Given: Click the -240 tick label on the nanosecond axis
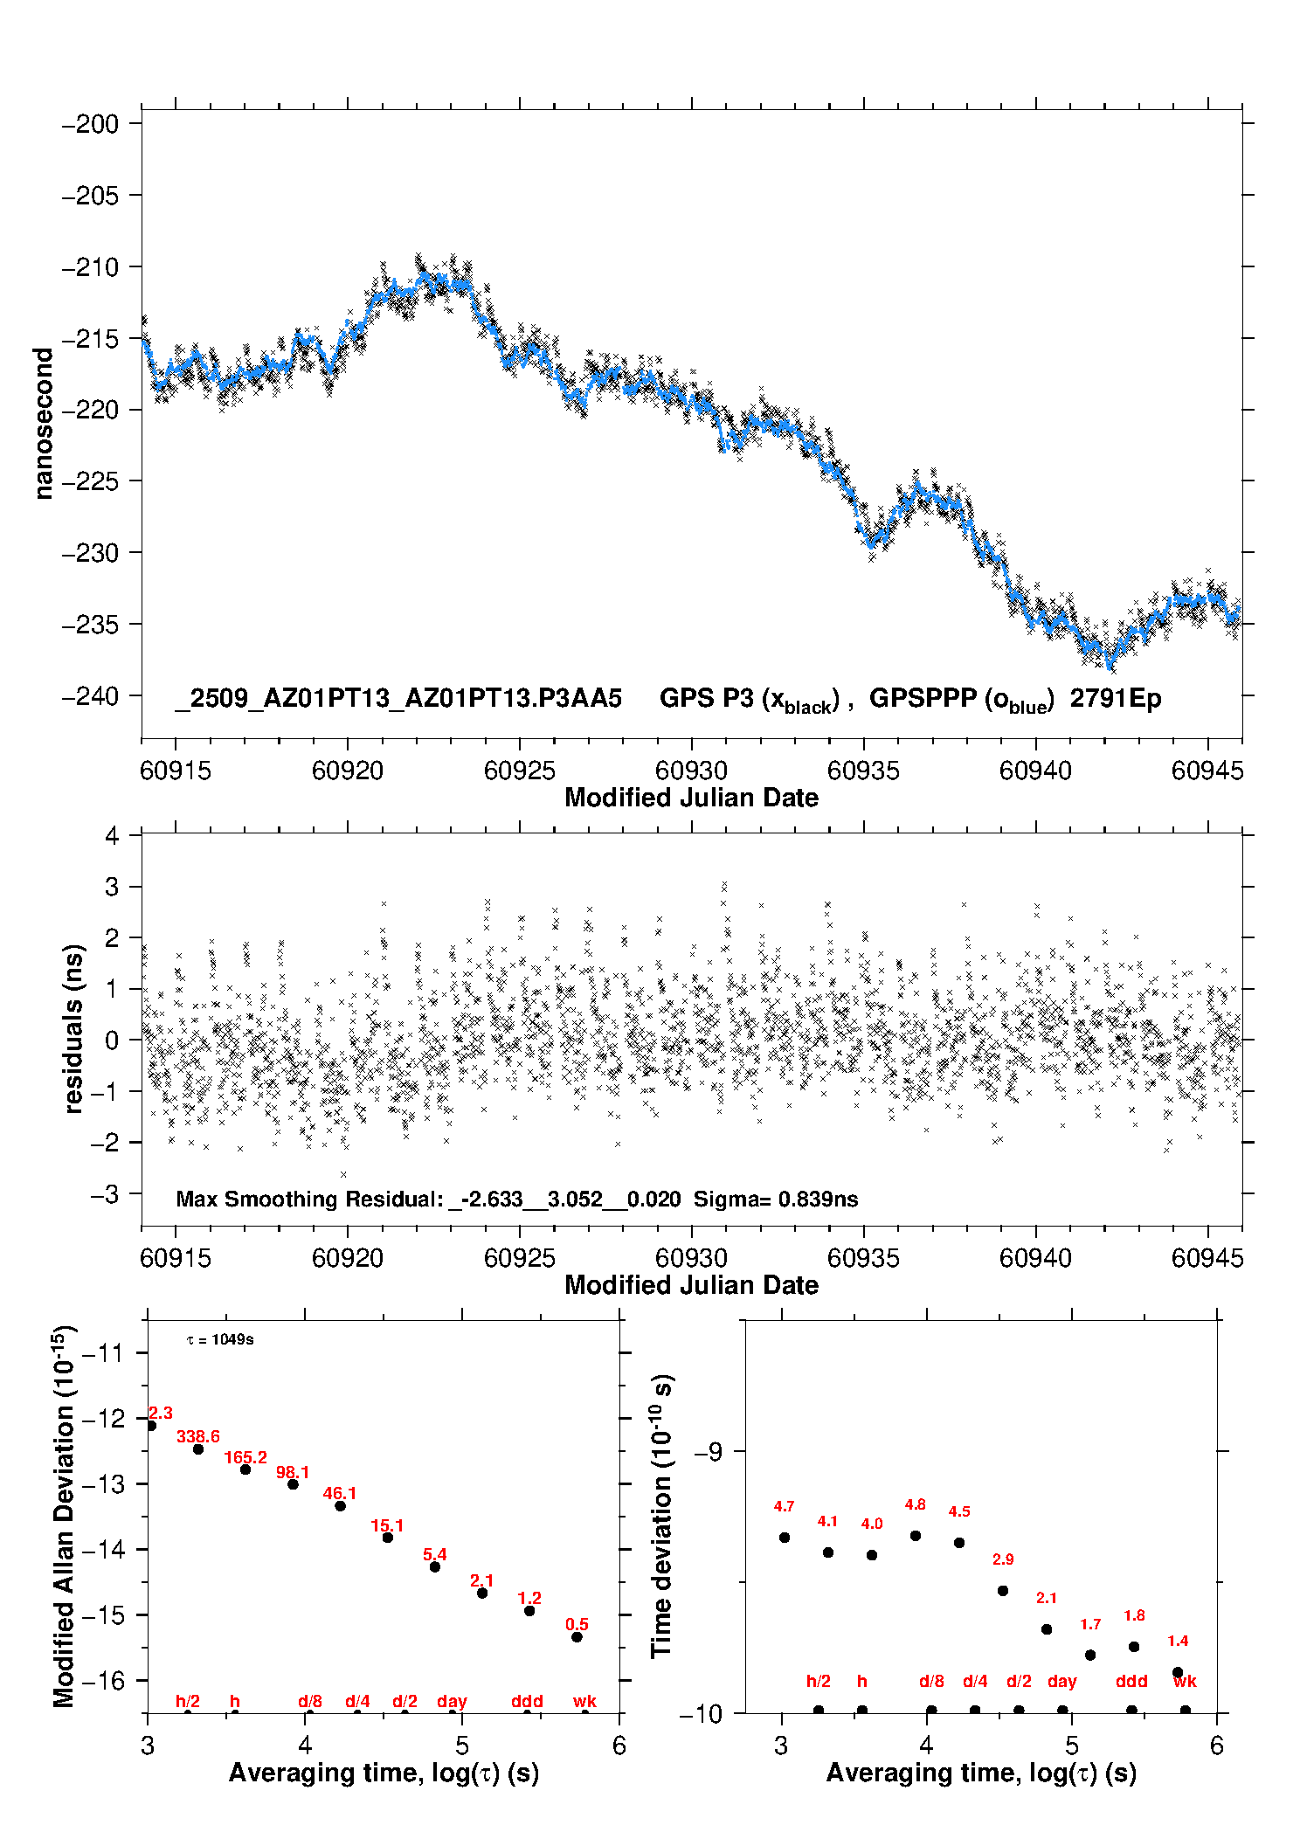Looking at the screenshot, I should [x=89, y=696].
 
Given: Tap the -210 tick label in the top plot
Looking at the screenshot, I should [x=89, y=267].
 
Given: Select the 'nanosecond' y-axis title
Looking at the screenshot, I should [x=43, y=424].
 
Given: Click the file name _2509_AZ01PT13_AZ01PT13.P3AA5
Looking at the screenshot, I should [x=398, y=699].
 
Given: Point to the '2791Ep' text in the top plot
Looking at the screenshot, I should [x=1116, y=699].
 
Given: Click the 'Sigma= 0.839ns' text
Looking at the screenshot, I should [x=776, y=1199].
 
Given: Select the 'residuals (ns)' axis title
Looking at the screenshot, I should [x=74, y=1028].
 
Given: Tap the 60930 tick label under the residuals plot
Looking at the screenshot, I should [x=691, y=1258].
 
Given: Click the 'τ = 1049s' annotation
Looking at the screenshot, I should [x=220, y=1340].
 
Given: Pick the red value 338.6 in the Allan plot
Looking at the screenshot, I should [x=198, y=1437].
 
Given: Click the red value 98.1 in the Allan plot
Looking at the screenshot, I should [x=293, y=1473].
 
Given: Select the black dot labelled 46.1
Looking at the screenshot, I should [x=341, y=1506].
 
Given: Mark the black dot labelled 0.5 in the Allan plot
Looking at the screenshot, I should [x=577, y=1637].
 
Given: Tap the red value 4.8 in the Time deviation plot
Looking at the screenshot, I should [x=915, y=1505].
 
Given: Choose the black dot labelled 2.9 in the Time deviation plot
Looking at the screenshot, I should [x=1003, y=1591].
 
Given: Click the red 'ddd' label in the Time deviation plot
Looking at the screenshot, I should [x=1131, y=1682].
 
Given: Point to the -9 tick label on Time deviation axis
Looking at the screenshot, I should [x=708, y=1452].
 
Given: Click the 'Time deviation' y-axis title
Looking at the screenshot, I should [x=662, y=1516].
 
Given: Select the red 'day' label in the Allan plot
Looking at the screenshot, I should [x=452, y=1702].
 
